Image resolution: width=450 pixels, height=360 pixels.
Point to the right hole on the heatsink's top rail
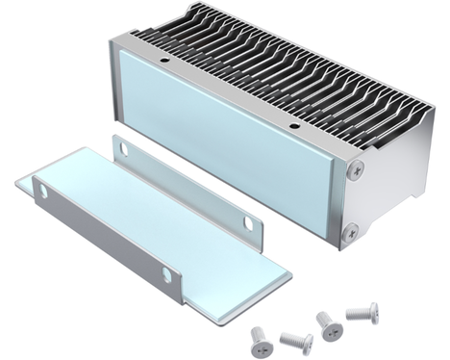pyautogui.click(x=292, y=125)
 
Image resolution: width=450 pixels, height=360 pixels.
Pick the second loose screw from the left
pyautogui.click(x=293, y=341)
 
